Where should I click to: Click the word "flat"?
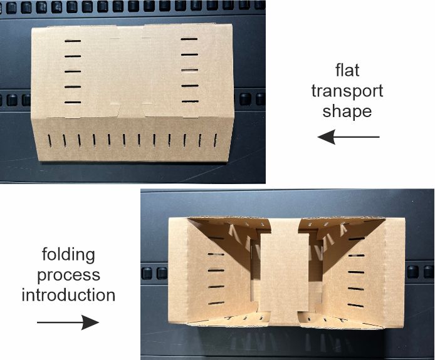pyautogui.click(x=347, y=70)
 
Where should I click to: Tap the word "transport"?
pyautogui.click(x=347, y=91)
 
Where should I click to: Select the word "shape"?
pyautogui.click(x=347, y=111)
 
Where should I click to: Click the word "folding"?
pyautogui.click(x=68, y=254)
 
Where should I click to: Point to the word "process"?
pyautogui.click(x=68, y=275)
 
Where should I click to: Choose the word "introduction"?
pyautogui.click(x=68, y=295)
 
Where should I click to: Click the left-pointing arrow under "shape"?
pyautogui.click(x=348, y=136)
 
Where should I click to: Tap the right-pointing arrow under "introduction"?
pyautogui.click(x=68, y=322)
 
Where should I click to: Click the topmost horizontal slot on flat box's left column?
pyautogui.click(x=73, y=41)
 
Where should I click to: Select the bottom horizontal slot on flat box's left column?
pyautogui.click(x=73, y=102)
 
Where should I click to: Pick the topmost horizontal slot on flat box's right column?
pyautogui.click(x=189, y=39)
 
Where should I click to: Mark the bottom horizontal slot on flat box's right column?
pyautogui.click(x=191, y=101)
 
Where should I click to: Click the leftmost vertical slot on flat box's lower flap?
pyautogui.click(x=50, y=140)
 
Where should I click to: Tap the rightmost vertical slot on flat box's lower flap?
pyautogui.click(x=215, y=140)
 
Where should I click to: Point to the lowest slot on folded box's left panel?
pyautogui.click(x=216, y=303)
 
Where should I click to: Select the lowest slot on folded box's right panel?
pyautogui.click(x=355, y=306)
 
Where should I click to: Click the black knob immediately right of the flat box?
pyautogui.click(x=245, y=99)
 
